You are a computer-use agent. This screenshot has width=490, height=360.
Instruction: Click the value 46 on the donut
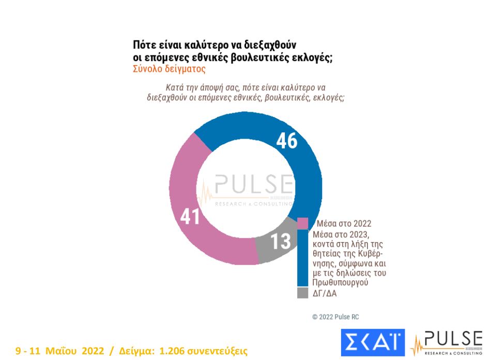click(286, 141)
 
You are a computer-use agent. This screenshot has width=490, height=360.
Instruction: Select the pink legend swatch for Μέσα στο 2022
click(303, 223)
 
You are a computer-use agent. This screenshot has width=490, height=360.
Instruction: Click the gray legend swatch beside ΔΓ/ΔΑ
click(303, 293)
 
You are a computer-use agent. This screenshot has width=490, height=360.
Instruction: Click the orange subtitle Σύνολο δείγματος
click(162, 69)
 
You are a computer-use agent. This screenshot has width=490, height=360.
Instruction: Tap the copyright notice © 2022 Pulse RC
click(335, 317)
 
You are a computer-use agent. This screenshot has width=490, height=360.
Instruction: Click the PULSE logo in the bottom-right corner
click(447, 342)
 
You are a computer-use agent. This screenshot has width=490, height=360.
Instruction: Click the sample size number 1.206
click(173, 351)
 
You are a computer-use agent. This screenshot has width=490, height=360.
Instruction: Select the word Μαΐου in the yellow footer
click(63, 351)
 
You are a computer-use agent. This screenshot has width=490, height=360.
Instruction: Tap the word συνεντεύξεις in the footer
click(218, 351)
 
